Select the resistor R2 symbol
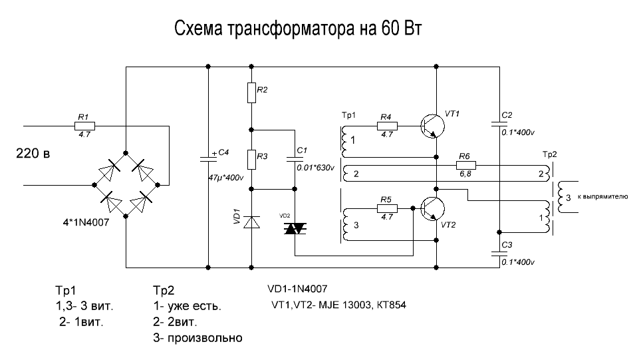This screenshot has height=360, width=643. (x=251, y=92)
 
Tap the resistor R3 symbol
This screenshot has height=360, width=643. (x=251, y=160)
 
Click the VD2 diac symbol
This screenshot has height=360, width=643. (x=294, y=228)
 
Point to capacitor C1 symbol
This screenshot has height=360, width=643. (x=294, y=159)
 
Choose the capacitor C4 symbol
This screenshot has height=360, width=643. (x=208, y=159)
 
